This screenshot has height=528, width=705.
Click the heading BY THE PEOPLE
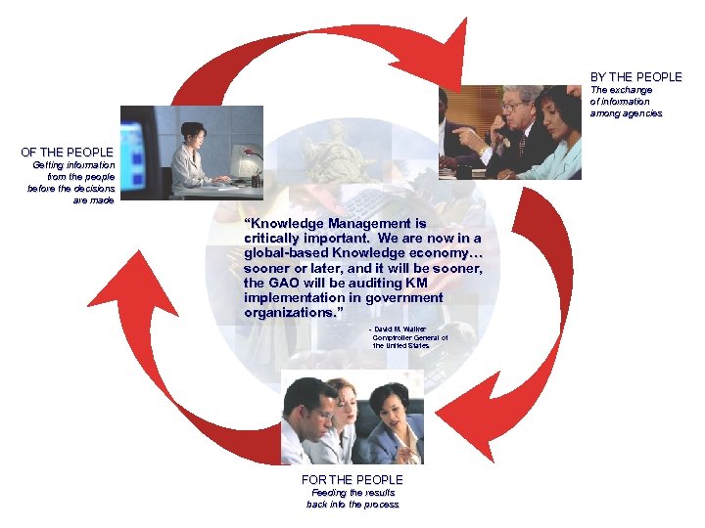[x=635, y=77]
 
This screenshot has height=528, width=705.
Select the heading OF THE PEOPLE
[x=68, y=153]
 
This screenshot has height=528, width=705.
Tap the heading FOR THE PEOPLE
[x=352, y=480]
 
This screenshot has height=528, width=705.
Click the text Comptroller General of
[x=410, y=337]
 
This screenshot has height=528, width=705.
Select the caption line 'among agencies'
[x=626, y=113]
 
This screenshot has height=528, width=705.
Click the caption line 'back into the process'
[x=352, y=505]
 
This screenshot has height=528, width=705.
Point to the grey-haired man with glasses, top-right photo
[x=513, y=121]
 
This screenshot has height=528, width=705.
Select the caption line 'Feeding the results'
[x=352, y=493]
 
